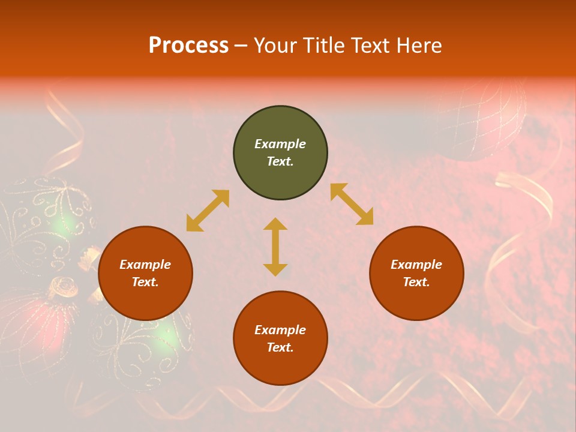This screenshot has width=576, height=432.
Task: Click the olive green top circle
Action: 280,153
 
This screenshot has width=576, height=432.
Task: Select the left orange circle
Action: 145,273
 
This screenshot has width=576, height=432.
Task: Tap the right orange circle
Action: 416,273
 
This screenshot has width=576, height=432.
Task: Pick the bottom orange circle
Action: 280,338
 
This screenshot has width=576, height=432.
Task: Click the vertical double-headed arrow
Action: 275,247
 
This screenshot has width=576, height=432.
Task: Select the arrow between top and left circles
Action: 208,211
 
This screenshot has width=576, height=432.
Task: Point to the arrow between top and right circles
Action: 352,204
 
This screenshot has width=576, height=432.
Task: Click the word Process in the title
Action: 188,45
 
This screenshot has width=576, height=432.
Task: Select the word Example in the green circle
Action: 280,144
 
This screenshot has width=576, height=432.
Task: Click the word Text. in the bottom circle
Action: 280,347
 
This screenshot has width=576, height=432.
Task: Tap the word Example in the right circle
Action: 416,265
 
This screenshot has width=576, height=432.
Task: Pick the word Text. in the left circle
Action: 145,282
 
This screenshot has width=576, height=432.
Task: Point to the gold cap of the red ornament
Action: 63,287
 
